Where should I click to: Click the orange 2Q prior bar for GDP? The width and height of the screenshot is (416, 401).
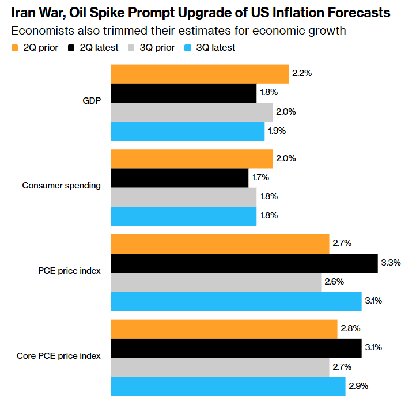(199, 74)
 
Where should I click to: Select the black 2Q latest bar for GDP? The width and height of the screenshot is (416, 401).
(183, 93)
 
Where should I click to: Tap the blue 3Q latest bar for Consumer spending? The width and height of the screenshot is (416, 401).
(183, 216)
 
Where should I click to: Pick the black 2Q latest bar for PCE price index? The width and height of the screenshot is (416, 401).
(244, 263)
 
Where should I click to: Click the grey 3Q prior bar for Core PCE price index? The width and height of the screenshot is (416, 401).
(220, 367)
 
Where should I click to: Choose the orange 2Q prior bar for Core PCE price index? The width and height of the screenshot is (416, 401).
(224, 328)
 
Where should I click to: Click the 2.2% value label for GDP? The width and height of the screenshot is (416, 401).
(302, 74)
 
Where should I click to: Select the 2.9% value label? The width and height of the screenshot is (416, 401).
(358, 385)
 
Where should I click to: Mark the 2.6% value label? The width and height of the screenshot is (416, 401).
(334, 282)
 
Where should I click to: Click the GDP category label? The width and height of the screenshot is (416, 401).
(92, 101)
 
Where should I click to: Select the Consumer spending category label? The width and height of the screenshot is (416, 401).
(62, 186)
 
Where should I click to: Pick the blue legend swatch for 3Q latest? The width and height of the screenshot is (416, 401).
(188, 48)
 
